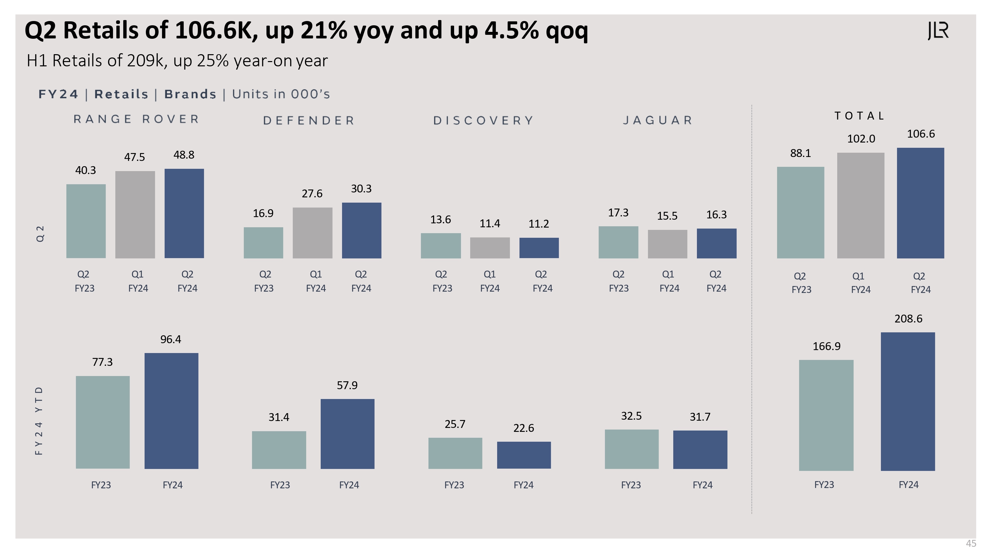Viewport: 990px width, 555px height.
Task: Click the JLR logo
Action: (938, 31)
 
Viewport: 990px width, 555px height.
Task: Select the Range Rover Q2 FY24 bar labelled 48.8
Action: (184, 213)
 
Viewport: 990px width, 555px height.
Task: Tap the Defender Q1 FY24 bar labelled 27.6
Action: (312, 233)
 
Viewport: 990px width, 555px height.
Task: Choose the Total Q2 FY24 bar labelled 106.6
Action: (920, 203)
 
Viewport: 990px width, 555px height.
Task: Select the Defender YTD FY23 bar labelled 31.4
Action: (279, 450)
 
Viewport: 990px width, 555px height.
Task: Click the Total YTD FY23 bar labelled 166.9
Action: (826, 415)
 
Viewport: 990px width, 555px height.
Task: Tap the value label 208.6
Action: (908, 319)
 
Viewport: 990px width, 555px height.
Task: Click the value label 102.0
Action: (861, 139)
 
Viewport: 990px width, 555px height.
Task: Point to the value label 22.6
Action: (523, 428)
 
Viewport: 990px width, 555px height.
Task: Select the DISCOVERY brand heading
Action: (483, 121)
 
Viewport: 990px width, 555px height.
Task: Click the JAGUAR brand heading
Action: (657, 121)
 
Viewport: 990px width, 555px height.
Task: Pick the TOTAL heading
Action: (859, 116)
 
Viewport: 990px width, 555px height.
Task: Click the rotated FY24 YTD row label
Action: (39, 421)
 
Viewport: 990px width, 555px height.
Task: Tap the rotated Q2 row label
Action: (40, 233)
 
